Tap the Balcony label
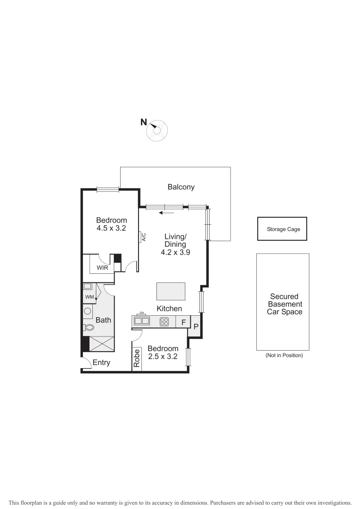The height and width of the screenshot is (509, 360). click(181, 187)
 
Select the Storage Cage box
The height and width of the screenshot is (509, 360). click(282, 229)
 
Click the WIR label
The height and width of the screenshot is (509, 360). click(103, 268)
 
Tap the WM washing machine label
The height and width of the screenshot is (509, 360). click(90, 297)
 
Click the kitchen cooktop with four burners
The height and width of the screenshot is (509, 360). click(164, 322)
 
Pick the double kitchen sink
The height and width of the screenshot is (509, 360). click(142, 321)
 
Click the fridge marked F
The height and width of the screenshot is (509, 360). click(183, 322)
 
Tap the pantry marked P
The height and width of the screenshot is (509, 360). click(196, 327)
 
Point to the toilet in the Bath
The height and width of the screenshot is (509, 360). click(89, 327)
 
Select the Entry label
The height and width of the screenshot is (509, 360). click(101, 362)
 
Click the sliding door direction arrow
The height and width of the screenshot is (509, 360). click(166, 213)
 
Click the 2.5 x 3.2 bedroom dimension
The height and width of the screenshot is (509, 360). click(163, 357)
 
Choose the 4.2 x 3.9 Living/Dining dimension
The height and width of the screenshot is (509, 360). click(175, 253)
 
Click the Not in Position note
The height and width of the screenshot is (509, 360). click(284, 355)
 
